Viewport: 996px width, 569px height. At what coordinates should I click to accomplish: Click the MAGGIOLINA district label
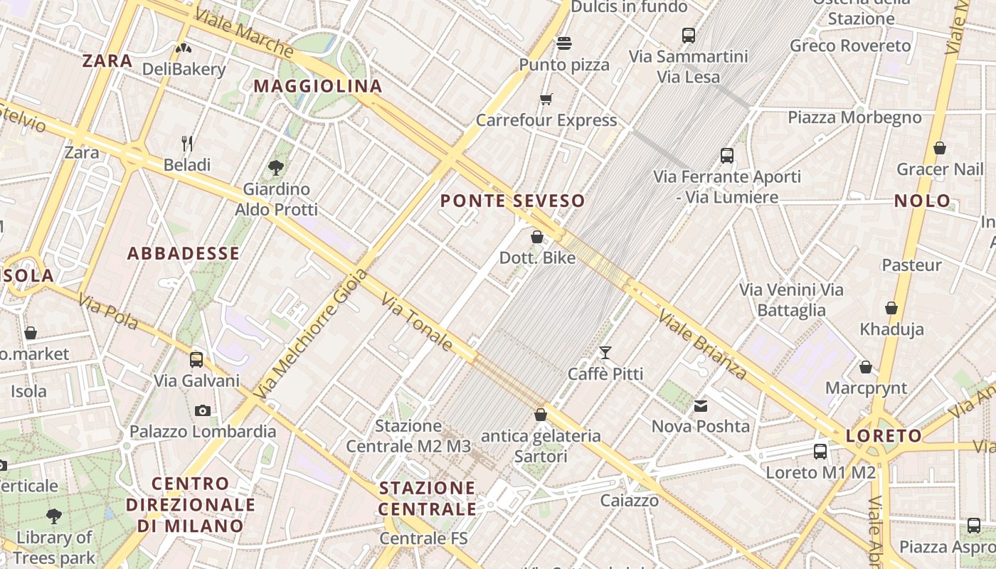(318, 86)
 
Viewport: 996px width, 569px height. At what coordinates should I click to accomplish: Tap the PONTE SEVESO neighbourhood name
(512, 201)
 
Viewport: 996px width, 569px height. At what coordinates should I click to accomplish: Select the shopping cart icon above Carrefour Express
(546, 99)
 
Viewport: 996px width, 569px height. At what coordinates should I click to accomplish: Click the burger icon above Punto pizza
(564, 43)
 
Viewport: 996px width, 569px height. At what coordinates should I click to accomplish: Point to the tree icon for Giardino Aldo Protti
(276, 168)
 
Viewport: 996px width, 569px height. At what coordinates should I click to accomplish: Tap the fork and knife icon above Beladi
(187, 144)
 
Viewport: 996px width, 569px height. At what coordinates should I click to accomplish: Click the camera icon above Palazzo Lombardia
(203, 410)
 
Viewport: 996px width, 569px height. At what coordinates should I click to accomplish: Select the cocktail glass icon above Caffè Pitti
(605, 352)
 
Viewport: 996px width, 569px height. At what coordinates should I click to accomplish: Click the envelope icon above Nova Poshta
(701, 406)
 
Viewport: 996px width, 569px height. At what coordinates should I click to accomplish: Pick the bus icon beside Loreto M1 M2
(820, 451)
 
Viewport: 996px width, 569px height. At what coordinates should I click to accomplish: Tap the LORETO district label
(884, 435)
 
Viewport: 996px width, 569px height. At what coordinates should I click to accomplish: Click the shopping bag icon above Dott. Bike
(537, 237)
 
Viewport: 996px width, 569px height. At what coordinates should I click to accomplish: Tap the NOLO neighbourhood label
(923, 201)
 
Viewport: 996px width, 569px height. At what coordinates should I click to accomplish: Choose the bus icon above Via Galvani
(196, 359)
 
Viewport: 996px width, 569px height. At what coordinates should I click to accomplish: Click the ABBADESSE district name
(184, 253)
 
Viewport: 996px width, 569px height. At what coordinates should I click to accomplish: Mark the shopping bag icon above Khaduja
(891, 308)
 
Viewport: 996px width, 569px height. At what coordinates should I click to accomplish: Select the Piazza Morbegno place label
(854, 117)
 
